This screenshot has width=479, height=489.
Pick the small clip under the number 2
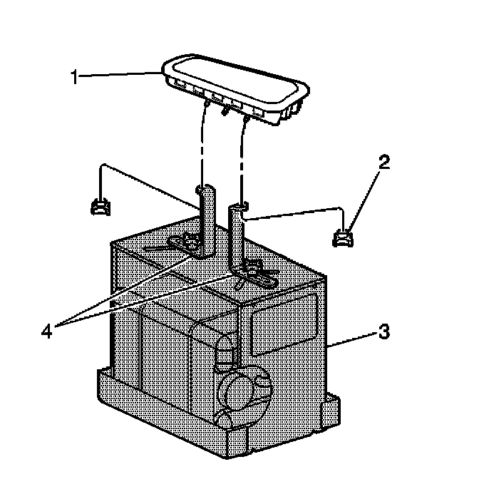coord(345,237)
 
